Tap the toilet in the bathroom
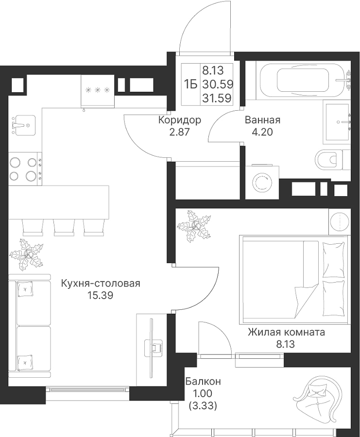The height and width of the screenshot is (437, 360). [x=332, y=160]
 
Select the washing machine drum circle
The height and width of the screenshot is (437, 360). [x=262, y=182]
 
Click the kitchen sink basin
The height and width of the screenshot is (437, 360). [x=25, y=125]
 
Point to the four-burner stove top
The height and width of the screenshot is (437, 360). [x=25, y=169]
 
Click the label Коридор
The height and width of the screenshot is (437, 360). [x=180, y=120]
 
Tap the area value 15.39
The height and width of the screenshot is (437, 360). [x=101, y=295]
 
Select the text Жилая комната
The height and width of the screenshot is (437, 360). [x=286, y=332]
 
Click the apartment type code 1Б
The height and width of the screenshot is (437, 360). [x=191, y=84]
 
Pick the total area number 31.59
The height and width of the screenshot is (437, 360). [x=217, y=98]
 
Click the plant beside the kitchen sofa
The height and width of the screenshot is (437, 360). [x=27, y=255]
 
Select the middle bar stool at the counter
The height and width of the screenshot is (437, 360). [x=64, y=226]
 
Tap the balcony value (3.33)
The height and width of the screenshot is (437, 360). [x=203, y=406]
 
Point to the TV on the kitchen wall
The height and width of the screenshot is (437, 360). [x=152, y=348]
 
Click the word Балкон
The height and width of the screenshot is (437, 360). [x=203, y=381]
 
